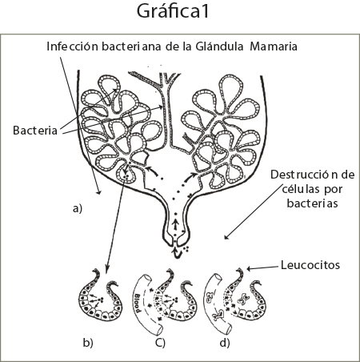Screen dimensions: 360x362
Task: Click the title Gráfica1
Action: coord(173,12)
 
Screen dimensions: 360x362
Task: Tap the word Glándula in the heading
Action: coord(219,46)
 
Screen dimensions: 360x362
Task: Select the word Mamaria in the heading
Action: coord(274,46)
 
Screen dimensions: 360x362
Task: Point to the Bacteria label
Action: coord(35,131)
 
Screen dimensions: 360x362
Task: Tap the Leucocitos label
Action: coord(310,265)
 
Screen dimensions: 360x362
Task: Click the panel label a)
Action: coord(78,208)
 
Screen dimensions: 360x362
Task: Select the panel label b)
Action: coord(88,343)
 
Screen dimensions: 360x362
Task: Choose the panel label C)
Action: coord(160,343)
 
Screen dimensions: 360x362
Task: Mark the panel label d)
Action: coord(225,343)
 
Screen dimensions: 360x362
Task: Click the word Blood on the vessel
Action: coord(137,303)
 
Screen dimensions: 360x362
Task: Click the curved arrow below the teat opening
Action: coord(178,253)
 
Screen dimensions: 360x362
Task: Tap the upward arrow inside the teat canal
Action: coord(175,224)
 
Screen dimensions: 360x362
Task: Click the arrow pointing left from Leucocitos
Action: coord(263,267)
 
